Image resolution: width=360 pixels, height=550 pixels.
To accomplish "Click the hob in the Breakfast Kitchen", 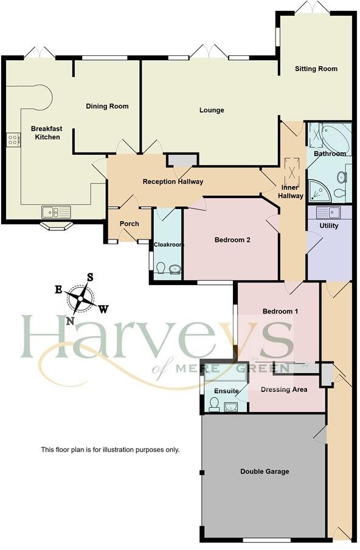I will (x=12, y=140).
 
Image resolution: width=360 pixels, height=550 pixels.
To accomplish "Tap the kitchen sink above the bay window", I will (x=56, y=211).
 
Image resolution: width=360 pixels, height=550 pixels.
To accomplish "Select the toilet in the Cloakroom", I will (x=161, y=267).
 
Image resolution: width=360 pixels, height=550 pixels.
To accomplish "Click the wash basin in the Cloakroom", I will (x=175, y=269).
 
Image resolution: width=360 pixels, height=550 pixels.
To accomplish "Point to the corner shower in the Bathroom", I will (x=319, y=191).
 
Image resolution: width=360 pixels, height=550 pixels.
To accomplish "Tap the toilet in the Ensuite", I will (x=213, y=404).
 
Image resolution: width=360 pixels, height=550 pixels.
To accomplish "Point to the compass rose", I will (x=81, y=298).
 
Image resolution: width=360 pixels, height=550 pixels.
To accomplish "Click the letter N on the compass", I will (x=71, y=321).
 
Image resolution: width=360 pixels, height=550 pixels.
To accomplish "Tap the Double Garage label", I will (x=265, y=471).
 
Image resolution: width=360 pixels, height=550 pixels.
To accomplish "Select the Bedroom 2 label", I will (x=232, y=240).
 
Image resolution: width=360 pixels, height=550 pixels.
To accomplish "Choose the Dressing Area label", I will (x=283, y=389).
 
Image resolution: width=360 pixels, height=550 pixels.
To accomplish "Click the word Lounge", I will (x=212, y=110).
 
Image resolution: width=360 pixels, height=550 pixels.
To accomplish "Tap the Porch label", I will (x=129, y=224).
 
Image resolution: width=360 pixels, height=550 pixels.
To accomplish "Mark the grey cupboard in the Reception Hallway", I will (x=181, y=159).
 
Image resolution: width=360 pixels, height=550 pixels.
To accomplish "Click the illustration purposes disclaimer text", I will (x=110, y=450).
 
